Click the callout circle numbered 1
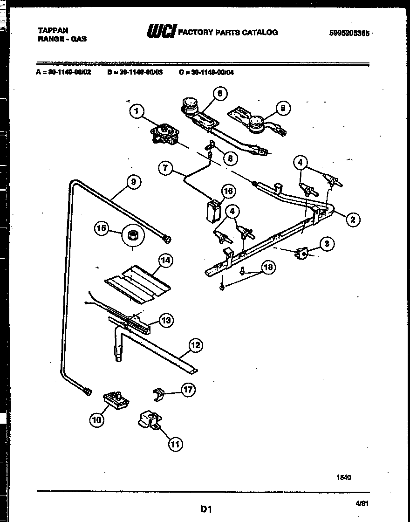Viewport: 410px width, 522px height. coord(136,111)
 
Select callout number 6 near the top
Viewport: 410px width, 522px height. coord(219,93)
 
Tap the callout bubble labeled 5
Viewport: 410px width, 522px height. coord(282,108)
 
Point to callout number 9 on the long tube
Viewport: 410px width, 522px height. coord(133,182)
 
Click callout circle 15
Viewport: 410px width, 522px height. coord(101,228)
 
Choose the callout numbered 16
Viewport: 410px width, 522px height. coord(228,191)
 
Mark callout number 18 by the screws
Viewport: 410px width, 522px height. coord(267,267)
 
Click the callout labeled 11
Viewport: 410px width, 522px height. coord(175,444)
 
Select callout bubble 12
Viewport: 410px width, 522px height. coord(196,345)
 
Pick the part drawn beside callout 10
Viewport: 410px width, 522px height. coord(116,399)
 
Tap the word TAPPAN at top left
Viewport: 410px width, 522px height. coord(53,30)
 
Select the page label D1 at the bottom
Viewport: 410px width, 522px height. coord(206,509)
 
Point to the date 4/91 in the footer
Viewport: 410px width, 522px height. coord(361,503)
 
